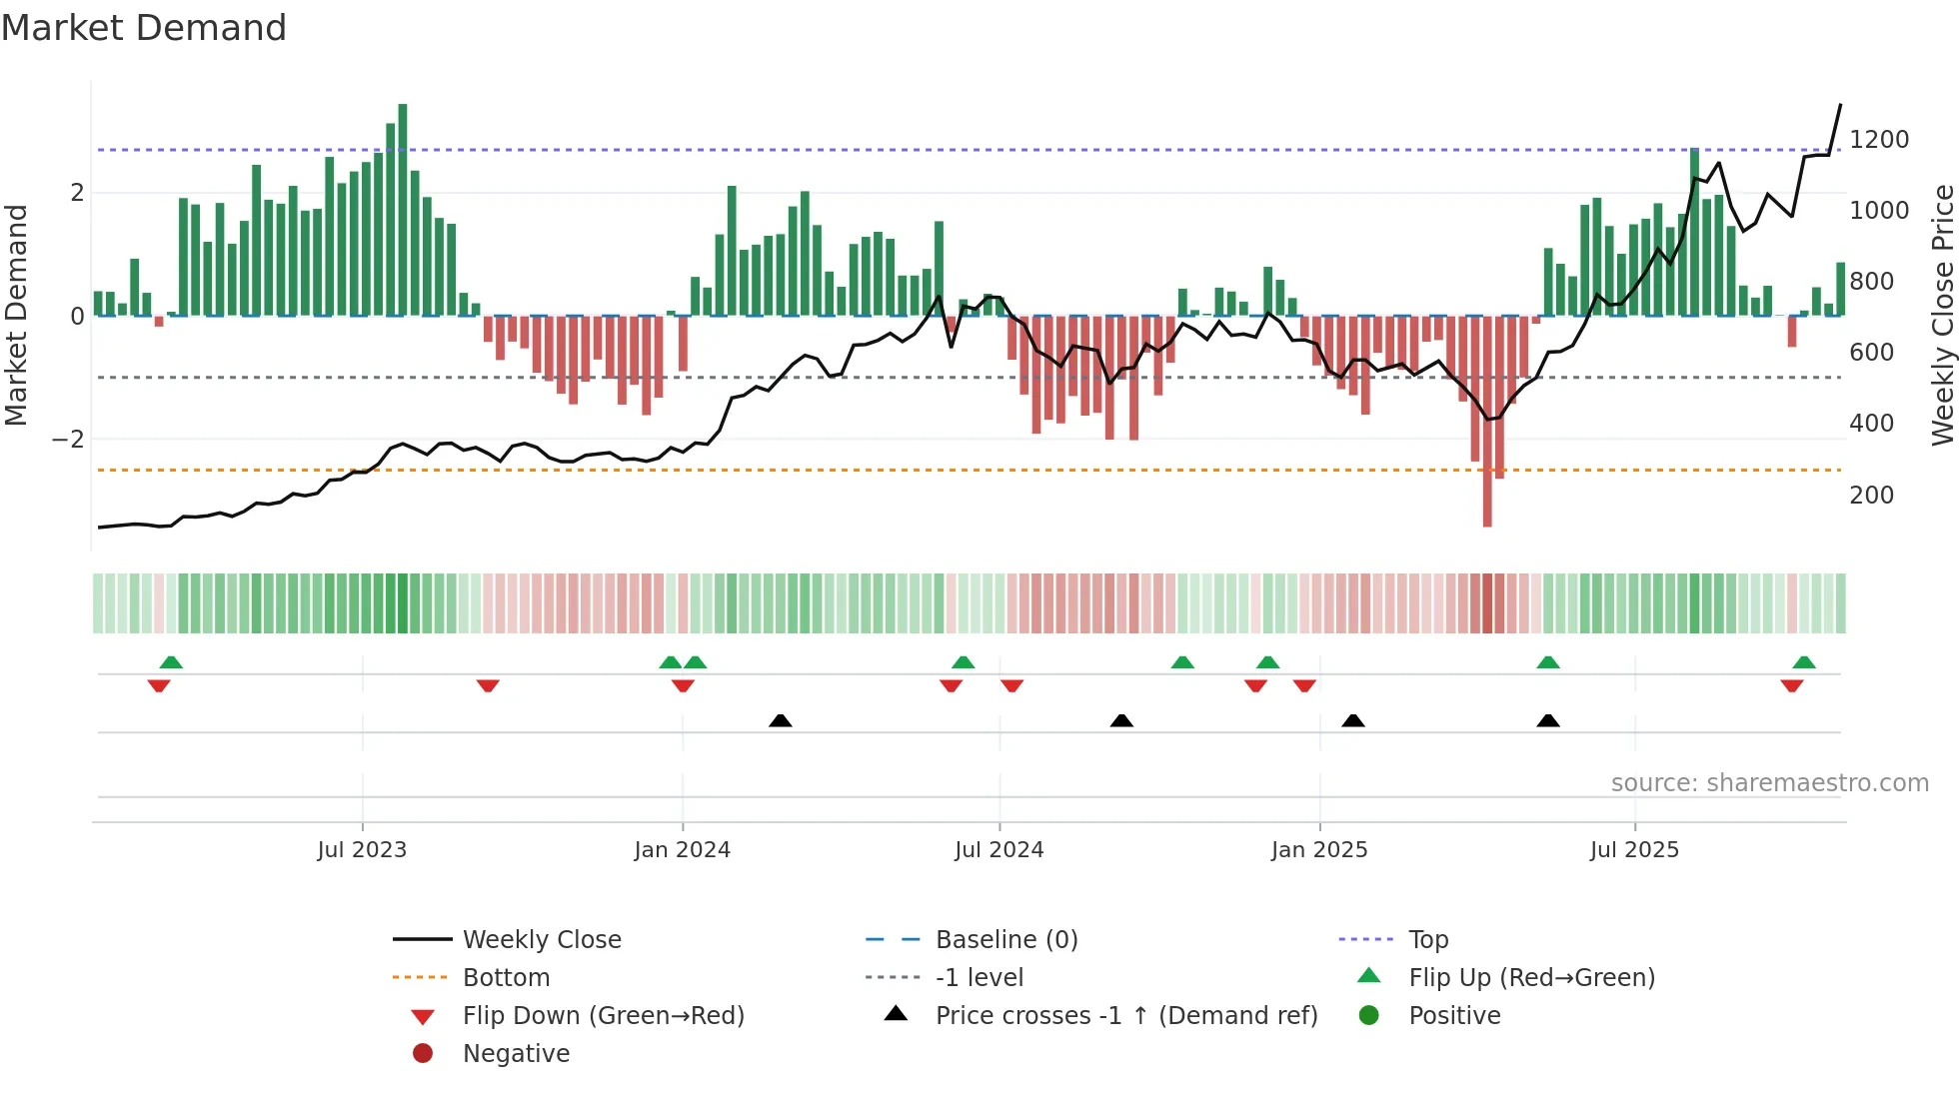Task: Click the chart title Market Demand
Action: coord(144,28)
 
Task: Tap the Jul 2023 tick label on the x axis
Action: coord(362,850)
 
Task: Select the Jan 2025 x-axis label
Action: coord(1319,850)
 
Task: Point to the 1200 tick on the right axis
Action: coord(1879,140)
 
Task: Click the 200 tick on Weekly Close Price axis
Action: coord(1871,496)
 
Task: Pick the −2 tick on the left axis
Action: coord(68,440)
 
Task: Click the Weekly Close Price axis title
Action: coord(1942,315)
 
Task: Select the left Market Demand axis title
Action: coord(16,315)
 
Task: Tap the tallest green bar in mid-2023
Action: coord(403,210)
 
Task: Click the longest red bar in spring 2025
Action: coord(1487,420)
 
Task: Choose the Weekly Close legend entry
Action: coord(541,940)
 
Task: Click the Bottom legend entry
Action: coord(506,978)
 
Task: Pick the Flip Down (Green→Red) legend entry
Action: coord(603,1016)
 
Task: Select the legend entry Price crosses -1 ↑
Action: coord(1125,1016)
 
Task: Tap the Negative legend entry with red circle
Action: coord(516,1054)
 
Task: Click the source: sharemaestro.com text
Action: coord(1769,783)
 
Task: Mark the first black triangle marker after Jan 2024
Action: coord(781,720)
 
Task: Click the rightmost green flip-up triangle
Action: coord(1804,662)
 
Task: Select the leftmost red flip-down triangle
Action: coord(159,685)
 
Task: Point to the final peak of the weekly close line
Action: coord(1840,105)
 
